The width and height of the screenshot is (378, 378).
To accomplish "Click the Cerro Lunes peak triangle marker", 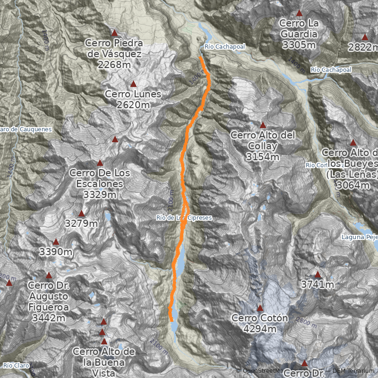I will pos(133,84).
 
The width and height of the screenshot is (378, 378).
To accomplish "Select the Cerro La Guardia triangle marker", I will pos(299,13).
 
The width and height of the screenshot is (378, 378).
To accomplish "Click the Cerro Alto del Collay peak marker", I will pos(263,125).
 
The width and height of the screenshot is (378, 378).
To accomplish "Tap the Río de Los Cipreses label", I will pos(184,217).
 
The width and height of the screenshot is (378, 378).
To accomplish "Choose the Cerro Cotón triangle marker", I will pos(259,308).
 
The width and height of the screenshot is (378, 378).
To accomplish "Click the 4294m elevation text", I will pos(260,328).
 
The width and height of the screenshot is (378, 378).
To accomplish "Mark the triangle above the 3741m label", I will pos(318,274).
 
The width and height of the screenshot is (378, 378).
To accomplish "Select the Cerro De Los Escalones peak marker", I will pos(100,163).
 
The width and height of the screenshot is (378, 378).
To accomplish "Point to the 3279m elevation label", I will pos(81,223).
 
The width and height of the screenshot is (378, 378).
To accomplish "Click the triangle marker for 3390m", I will pos(56,242).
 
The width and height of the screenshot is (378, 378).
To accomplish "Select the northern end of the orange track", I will pos(201,57).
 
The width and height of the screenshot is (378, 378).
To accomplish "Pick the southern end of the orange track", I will pos(172,321).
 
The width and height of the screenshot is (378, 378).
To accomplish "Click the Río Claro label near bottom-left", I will pos(16,365).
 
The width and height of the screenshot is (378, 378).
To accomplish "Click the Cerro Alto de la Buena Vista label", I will pos(104,362).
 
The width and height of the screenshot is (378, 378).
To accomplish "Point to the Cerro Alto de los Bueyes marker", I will pos(352,142).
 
